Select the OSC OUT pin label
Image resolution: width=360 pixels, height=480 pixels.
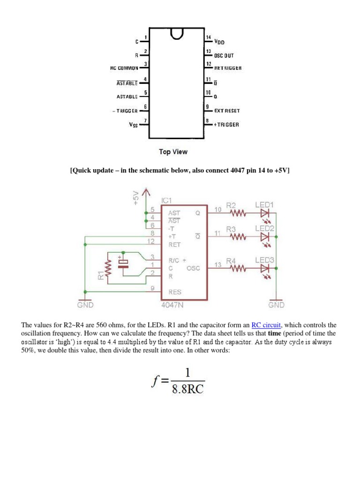tap(224, 55)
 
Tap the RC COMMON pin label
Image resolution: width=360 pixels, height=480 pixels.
tap(124, 68)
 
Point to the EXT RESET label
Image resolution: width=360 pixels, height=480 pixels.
tap(227, 111)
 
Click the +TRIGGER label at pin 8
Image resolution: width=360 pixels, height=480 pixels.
tap(226, 125)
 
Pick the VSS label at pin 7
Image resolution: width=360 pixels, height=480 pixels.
tap(133, 125)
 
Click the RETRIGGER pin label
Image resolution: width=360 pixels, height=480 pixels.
tap(228, 68)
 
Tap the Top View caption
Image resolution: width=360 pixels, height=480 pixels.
tap(173, 152)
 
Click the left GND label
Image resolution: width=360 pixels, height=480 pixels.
tap(85, 305)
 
